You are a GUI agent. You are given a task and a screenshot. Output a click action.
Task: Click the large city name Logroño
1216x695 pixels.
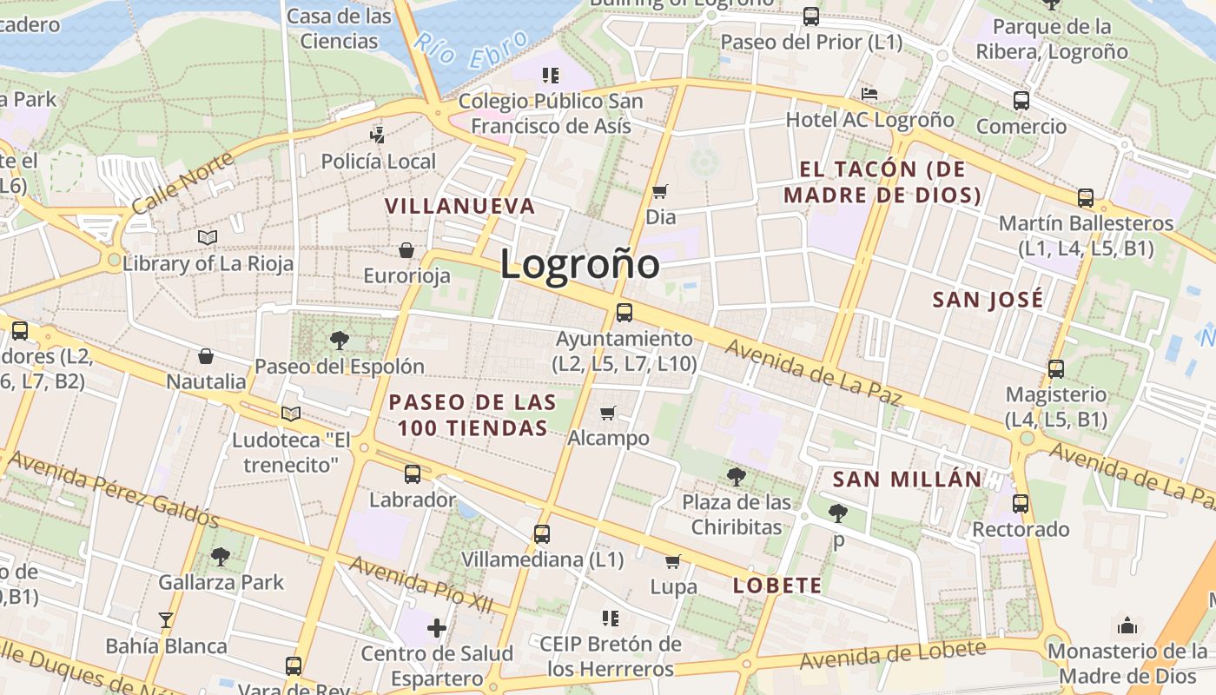pos(579,264)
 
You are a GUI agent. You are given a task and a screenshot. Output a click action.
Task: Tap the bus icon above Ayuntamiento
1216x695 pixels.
pos(624,313)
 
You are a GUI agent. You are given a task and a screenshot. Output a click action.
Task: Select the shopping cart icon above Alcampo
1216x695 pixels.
pos(608,413)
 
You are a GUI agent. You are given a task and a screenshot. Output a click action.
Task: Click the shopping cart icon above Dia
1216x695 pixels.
pos(660,191)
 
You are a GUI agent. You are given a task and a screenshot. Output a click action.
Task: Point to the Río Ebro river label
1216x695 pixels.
pos(470,50)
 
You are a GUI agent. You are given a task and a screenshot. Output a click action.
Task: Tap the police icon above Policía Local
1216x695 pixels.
pos(378,135)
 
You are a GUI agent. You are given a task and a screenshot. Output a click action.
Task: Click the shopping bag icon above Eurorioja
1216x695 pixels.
pos(406,251)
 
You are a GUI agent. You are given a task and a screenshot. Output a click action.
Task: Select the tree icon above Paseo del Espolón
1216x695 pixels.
pos(339,340)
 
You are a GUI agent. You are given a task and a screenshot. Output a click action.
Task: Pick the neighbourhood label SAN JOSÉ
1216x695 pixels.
pos(988,301)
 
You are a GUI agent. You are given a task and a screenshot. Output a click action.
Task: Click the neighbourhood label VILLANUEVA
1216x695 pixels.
pos(460,207)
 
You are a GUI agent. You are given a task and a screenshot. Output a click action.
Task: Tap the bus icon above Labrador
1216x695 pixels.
pos(412,474)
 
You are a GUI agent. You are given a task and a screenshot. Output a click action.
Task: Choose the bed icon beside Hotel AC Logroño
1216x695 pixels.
pos(869,94)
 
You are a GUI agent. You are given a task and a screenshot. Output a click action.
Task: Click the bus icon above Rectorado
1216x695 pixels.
pos(1020,504)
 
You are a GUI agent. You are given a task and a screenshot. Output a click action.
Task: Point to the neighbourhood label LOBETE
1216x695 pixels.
pos(777,586)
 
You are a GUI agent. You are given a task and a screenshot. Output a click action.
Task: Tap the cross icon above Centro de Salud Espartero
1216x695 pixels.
pos(437,627)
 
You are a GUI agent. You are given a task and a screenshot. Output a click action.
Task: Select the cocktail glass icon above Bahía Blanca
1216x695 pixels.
pos(166,620)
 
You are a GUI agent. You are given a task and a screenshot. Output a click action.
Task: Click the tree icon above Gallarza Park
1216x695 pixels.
pos(221,556)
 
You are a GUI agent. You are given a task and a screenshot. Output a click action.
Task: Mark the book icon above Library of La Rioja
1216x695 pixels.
pos(207,237)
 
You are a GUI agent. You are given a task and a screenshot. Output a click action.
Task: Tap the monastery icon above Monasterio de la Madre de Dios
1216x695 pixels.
pos(1127,625)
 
